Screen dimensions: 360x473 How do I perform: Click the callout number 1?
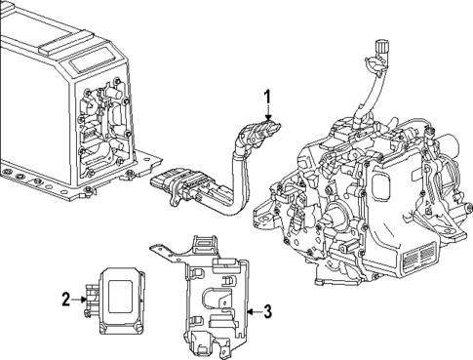point(264,97)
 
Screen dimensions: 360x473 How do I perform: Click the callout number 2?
point(65,300)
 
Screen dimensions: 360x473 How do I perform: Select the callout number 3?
point(267,311)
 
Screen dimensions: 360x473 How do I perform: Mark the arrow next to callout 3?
point(250,311)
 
